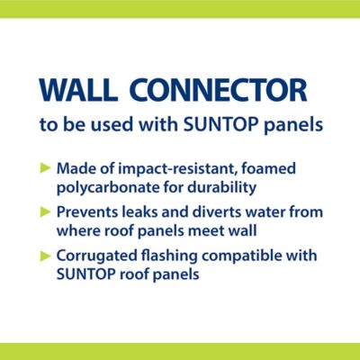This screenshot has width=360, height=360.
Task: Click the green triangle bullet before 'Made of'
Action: [x=46, y=167]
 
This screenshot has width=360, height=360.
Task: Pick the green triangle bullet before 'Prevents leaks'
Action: [x=46, y=212]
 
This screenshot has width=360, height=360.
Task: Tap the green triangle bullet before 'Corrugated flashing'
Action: [x=46, y=256]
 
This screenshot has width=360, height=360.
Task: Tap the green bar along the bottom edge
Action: [x=180, y=351]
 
